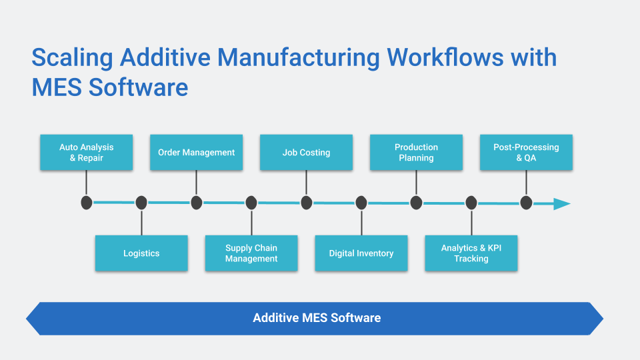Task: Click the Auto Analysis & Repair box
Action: pyautogui.click(x=86, y=152)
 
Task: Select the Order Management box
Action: pyautogui.click(x=196, y=152)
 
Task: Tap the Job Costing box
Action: pyautogui.click(x=306, y=152)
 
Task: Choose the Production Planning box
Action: pyautogui.click(x=416, y=152)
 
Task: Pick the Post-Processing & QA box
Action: pyautogui.click(x=526, y=152)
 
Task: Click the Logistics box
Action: pyautogui.click(x=141, y=253)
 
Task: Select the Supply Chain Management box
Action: pyautogui.click(x=251, y=253)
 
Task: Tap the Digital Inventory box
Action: pyautogui.click(x=361, y=253)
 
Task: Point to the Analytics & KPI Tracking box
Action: pyautogui.click(x=471, y=253)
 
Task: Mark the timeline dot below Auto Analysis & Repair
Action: pyautogui.click(x=86, y=203)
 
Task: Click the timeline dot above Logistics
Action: pyautogui.click(x=141, y=203)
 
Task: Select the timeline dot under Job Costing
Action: pyautogui.click(x=306, y=203)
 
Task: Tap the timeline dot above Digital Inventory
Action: pyautogui.click(x=361, y=203)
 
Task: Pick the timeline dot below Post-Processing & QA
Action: pyautogui.click(x=526, y=203)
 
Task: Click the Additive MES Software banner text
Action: pyautogui.click(x=317, y=318)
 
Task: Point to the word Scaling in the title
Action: pyautogui.click(x=73, y=58)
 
